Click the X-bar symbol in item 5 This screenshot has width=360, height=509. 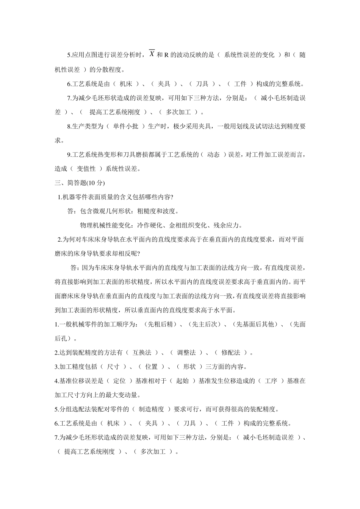pos(152,54)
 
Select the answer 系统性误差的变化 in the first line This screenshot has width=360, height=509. pos(249,55)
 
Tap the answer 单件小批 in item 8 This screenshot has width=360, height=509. pos(125,126)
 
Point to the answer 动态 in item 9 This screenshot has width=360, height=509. pos(213,155)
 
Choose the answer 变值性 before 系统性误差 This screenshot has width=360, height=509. pos(86,169)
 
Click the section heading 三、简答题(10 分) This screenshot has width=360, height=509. pos(80,183)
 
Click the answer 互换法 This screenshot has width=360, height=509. pos(142,353)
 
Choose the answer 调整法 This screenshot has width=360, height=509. pos(186,353)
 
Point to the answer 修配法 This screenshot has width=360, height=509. pos(231,353)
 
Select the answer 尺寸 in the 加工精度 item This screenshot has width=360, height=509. pos(113,367)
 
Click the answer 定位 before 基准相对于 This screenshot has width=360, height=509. pos(119,381)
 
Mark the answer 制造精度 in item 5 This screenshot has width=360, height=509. pos(152,409)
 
